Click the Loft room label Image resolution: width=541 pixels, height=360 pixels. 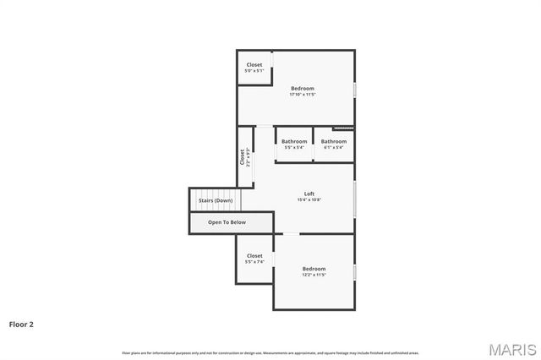[x=309, y=194]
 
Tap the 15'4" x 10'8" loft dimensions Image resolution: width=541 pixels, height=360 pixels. [x=309, y=200]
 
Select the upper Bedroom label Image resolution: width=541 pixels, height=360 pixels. [x=303, y=88]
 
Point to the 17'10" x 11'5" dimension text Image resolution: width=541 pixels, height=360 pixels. [x=303, y=95]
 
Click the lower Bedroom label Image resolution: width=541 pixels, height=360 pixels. [x=314, y=269]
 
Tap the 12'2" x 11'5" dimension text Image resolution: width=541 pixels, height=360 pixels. [x=314, y=275]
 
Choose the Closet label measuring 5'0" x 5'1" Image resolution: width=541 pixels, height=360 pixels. [x=254, y=65]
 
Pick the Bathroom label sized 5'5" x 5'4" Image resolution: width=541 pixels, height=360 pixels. [x=294, y=141]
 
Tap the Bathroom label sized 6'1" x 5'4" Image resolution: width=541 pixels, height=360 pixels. [x=333, y=141]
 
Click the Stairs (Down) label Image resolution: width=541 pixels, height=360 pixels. [x=216, y=200]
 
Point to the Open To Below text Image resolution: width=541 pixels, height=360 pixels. [x=227, y=222]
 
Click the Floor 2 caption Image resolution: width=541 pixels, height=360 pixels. [x=21, y=324]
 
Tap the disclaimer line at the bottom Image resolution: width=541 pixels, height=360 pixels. [x=270, y=352]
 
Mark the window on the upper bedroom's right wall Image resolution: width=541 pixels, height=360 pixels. [x=354, y=89]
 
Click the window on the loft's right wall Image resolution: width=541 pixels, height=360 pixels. [x=354, y=198]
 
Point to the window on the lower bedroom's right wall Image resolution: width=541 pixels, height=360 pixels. [x=354, y=272]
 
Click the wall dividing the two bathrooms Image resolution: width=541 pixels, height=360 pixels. [x=314, y=144]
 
